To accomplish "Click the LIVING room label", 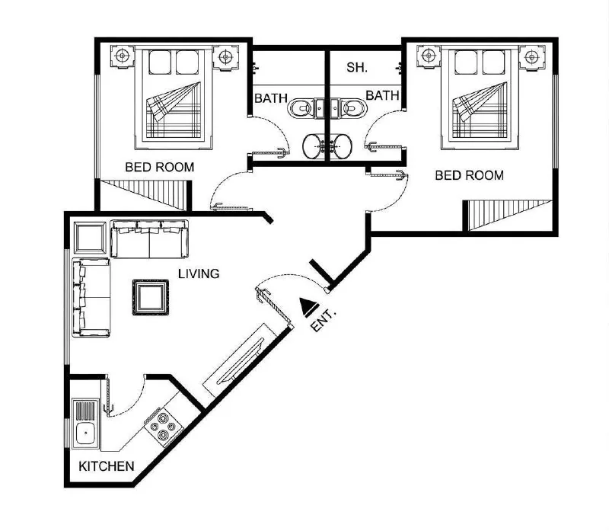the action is click(x=199, y=273).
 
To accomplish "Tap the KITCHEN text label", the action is click(x=106, y=466).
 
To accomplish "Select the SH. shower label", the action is click(x=357, y=67).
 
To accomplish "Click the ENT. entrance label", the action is click(x=323, y=320).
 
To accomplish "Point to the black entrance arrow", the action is click(x=308, y=306).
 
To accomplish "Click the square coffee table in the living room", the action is click(x=151, y=297).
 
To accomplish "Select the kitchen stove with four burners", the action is click(x=164, y=427).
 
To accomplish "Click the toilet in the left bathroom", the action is click(x=301, y=107).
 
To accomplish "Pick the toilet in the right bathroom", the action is click(x=352, y=107).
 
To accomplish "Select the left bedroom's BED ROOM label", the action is click(x=160, y=167).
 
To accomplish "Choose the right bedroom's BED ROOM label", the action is click(x=469, y=175).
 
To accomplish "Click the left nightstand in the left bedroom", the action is click(x=123, y=56).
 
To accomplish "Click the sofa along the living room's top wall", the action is click(x=149, y=238).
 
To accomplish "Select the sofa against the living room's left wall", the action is click(x=91, y=297).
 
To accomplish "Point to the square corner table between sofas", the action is click(x=90, y=238).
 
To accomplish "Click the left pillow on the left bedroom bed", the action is click(x=160, y=62).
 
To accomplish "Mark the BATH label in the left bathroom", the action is click(x=271, y=98).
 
